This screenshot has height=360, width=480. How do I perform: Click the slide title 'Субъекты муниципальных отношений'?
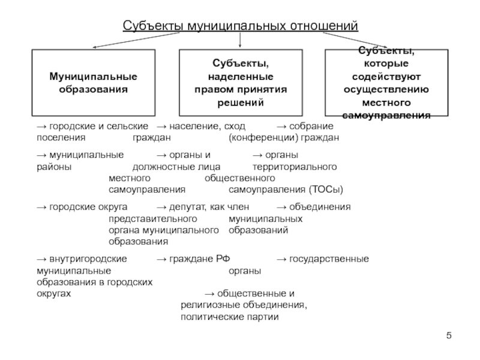[240, 27]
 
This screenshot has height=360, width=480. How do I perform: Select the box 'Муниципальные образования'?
[93, 83]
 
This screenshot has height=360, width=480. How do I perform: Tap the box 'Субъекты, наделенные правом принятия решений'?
[240, 83]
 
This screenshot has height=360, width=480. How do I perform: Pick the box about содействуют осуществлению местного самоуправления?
[386, 83]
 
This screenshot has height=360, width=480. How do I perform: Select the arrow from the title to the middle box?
[240, 41]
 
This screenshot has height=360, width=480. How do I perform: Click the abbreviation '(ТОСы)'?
[326, 190]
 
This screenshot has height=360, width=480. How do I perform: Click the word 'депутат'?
[189, 207]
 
